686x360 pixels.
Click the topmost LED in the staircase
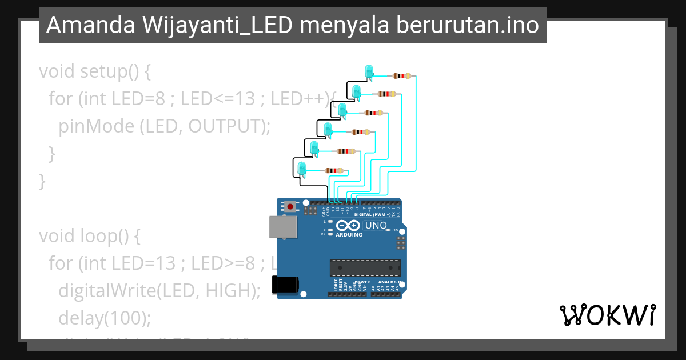pyautogui.click(x=369, y=71)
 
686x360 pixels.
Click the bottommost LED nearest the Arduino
pyautogui.click(x=302, y=168)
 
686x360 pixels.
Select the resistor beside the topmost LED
pyautogui.click(x=402, y=75)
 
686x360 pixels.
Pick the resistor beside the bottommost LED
pyautogui.click(x=334, y=170)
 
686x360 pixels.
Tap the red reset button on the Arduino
pyautogui.click(x=290, y=206)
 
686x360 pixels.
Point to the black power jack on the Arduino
pyautogui.click(x=285, y=284)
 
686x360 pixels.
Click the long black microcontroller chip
pyautogui.click(x=365, y=268)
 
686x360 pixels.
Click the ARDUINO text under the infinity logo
pyautogui.click(x=349, y=234)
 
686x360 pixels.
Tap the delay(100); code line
pyautogui.click(x=105, y=317)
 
